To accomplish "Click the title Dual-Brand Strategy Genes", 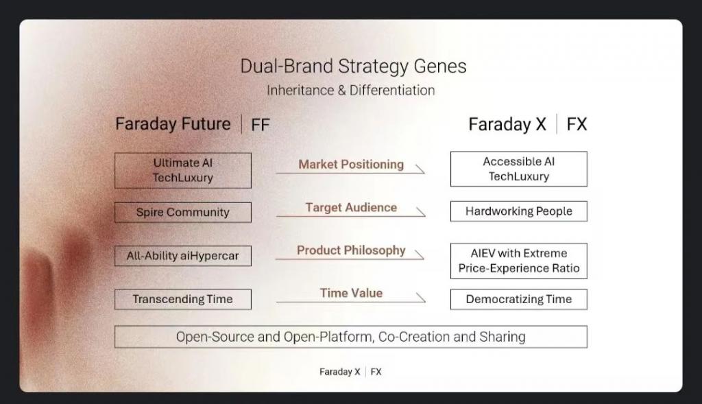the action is tap(353, 67).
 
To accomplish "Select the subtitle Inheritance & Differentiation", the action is tap(350, 91).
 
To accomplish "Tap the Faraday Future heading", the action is tap(173, 123).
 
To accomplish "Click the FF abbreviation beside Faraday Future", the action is tap(260, 125).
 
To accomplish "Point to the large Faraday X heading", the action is tap(507, 124).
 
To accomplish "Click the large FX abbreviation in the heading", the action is tap(577, 124).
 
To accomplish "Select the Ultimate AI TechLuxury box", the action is tap(182, 171).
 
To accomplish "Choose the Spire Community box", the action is tap(182, 213).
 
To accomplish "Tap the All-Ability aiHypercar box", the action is tap(182, 256).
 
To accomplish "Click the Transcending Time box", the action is tap(182, 299).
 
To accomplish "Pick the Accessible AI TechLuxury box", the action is tap(519, 169).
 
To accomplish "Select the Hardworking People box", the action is tap(519, 211).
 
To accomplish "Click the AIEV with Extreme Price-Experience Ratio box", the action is tap(519, 261).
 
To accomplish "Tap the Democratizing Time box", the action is tap(519, 299).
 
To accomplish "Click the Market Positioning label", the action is tap(351, 165).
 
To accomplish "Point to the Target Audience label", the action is tap(351, 207).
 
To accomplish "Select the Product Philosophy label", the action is tap(351, 250).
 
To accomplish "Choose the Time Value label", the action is tap(351, 293).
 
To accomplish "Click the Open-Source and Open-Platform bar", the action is tap(351, 337).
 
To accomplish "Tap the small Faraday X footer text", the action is tap(340, 372).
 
